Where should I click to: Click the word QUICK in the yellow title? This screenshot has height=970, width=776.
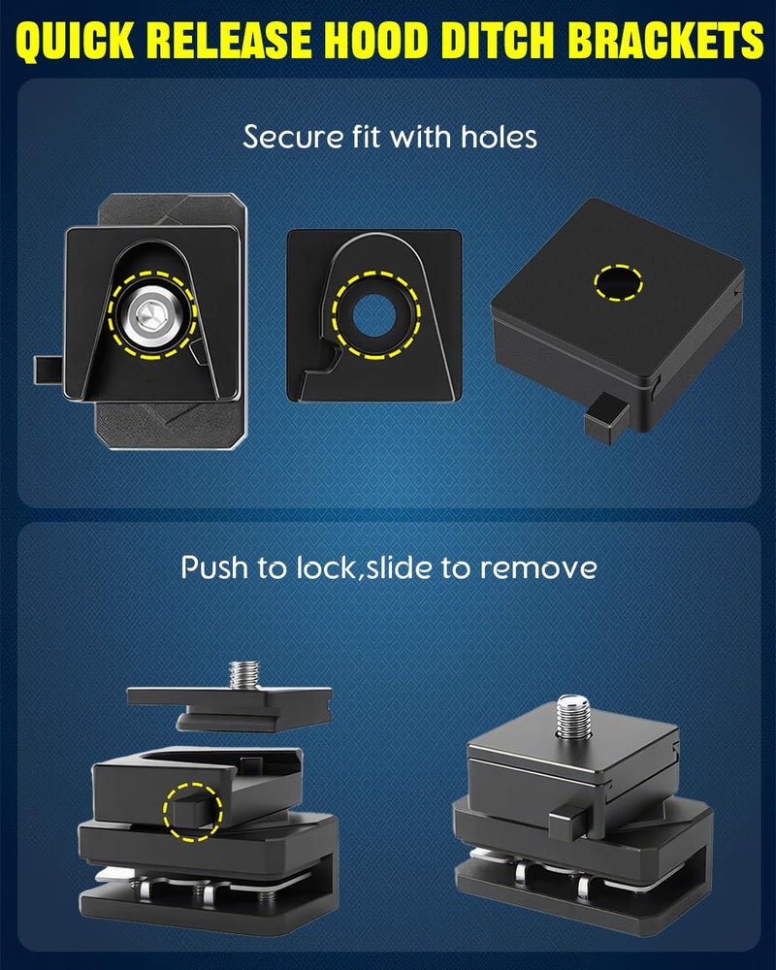pyautogui.click(x=75, y=41)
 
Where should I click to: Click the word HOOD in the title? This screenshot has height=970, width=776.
pyautogui.click(x=375, y=40)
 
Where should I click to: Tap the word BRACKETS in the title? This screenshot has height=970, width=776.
pyautogui.click(x=665, y=40)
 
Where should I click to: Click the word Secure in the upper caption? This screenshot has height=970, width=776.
pyautogui.click(x=293, y=137)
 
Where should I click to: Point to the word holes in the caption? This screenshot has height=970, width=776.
pyautogui.click(x=499, y=137)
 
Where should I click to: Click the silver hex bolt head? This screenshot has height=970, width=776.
pyautogui.click(x=152, y=315)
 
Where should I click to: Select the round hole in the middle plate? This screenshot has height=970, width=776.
pyautogui.click(x=373, y=315)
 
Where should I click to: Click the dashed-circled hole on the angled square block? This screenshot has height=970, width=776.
pyautogui.click(x=618, y=282)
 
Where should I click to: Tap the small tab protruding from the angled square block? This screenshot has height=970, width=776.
pyautogui.click(x=606, y=419)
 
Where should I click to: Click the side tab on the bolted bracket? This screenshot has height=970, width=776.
pyautogui.click(x=47, y=370)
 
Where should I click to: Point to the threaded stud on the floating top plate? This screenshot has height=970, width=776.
pyautogui.click(x=244, y=675)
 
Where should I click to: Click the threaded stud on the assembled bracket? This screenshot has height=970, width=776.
pyautogui.click(x=575, y=717)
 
